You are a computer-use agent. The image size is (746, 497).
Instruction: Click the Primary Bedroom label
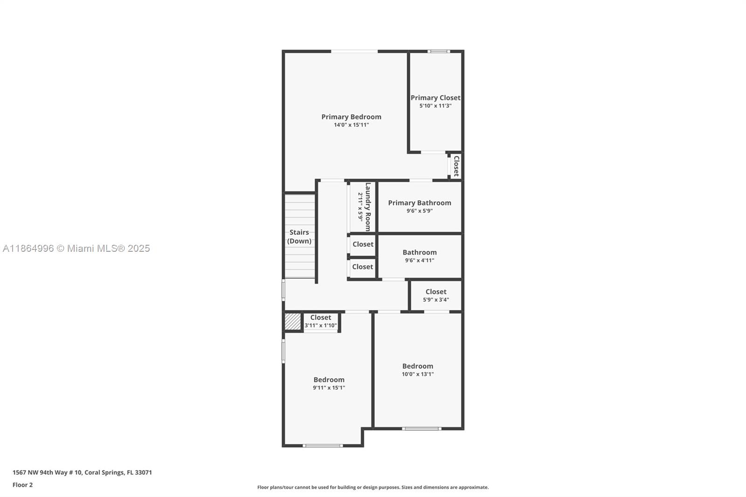[x=351, y=117]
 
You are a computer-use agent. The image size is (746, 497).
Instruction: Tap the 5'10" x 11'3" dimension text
[x=435, y=106]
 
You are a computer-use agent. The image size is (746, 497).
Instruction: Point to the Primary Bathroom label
[x=420, y=203]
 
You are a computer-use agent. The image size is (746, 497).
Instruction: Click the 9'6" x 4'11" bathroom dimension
[x=420, y=260]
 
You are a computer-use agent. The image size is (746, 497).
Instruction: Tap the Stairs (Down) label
[x=299, y=236]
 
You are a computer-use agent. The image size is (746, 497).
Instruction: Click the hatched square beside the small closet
[x=293, y=321]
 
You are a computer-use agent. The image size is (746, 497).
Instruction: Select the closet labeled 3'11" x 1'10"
[x=321, y=321]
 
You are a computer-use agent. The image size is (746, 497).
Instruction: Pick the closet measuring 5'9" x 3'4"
[x=436, y=296]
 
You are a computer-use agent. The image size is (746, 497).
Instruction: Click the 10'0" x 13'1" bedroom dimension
[x=418, y=374]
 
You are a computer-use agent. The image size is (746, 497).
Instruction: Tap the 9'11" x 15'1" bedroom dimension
[x=329, y=387]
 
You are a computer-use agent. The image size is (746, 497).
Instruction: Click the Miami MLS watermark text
[x=76, y=248]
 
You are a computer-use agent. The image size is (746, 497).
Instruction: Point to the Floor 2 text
[x=22, y=485]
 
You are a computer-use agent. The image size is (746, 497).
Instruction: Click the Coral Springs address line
[x=82, y=472]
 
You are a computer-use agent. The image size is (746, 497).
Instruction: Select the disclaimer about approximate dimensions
[x=373, y=487]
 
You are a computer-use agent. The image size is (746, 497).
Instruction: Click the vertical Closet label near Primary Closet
[x=456, y=166]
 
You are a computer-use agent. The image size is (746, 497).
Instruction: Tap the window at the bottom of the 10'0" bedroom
[x=421, y=428]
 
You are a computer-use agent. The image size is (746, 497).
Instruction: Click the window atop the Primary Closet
[x=439, y=51]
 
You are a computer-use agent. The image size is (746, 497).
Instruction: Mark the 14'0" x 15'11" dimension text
[x=351, y=125]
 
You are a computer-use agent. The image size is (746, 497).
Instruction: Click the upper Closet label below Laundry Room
[x=363, y=244]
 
